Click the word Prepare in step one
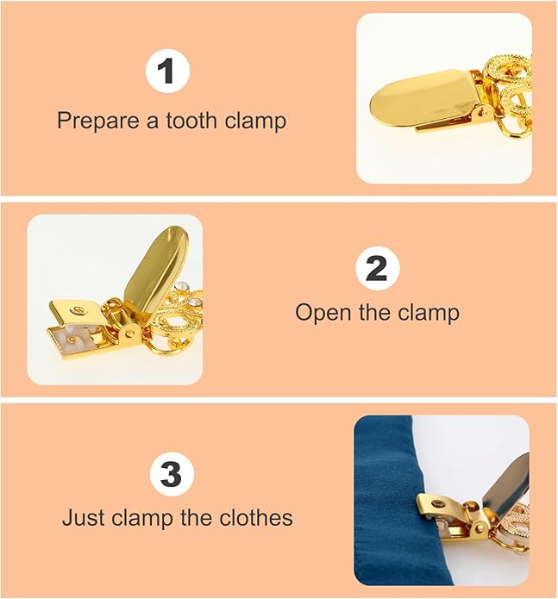tap(91, 121)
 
